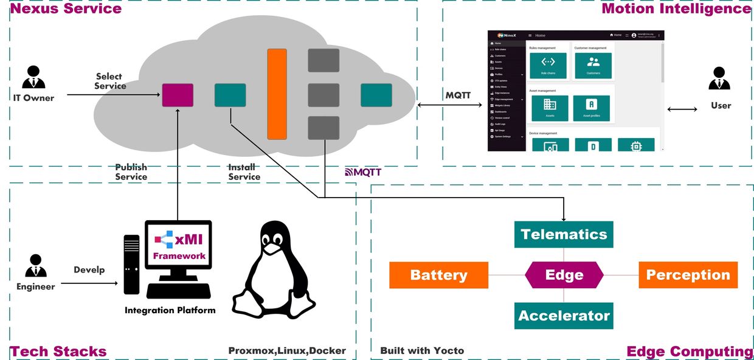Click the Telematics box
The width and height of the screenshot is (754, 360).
click(564, 235)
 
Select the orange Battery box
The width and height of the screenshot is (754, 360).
click(438, 275)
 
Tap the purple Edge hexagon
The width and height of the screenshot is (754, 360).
click(564, 275)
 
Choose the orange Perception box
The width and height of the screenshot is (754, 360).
click(688, 275)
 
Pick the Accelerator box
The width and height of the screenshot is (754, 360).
click(564, 316)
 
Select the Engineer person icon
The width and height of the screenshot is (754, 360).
click(36, 266)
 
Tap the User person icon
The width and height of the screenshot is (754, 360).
click(720, 79)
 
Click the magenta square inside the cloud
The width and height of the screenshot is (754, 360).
click(178, 95)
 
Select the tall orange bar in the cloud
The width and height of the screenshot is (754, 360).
click(277, 94)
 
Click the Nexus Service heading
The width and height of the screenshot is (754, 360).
click(66, 9)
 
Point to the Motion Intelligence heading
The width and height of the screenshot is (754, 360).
click(676, 9)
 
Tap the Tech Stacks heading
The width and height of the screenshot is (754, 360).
click(58, 351)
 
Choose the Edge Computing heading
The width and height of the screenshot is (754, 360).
click(690, 351)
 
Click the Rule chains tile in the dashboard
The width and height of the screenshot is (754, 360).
click(548, 65)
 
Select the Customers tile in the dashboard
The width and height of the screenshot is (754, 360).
click(593, 65)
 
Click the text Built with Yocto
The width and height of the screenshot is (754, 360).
click(422, 350)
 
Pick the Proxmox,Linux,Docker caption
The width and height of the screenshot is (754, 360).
click(287, 350)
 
